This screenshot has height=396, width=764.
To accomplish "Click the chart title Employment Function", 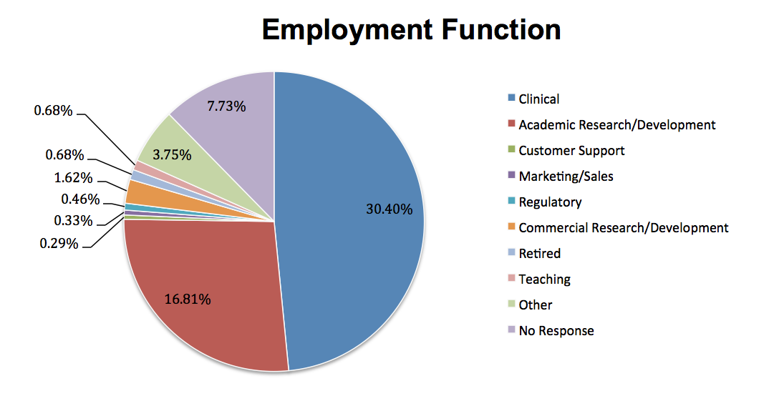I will pos(411,30).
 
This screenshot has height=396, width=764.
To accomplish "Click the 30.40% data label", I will pos(389,209).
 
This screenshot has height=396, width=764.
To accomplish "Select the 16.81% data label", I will pos(188,299).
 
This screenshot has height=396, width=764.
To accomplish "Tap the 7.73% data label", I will pos(226,107).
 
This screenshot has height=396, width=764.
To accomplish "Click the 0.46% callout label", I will pos(80,199).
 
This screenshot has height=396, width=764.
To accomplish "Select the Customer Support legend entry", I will pos(571,150).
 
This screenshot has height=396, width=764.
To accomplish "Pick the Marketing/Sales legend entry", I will pos(566,176).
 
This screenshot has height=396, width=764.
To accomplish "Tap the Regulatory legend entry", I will pos(550,202).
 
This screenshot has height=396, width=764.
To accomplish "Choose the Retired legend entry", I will pos(539,253).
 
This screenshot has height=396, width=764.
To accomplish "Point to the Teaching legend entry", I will pos(544,279).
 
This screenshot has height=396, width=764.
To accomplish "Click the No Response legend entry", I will pos(556,330).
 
